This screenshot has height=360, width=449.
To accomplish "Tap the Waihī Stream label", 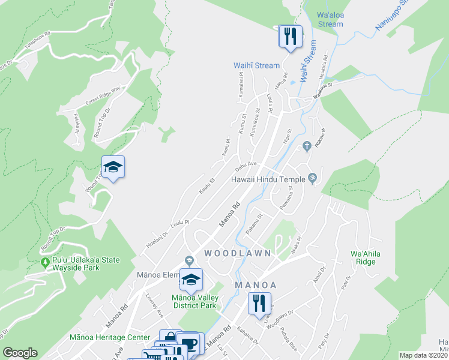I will [x=256, y=65].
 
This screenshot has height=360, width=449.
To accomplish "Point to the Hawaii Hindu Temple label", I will [x=269, y=179].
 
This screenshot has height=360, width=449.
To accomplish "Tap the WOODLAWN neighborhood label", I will [x=238, y=253].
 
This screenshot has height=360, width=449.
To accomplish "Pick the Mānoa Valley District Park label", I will [x=193, y=301].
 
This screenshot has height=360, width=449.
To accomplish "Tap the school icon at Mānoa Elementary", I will [x=191, y=280].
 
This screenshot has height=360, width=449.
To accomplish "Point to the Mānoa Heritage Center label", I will [x=101, y=338].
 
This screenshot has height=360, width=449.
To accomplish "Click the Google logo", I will [x=20, y=353].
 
